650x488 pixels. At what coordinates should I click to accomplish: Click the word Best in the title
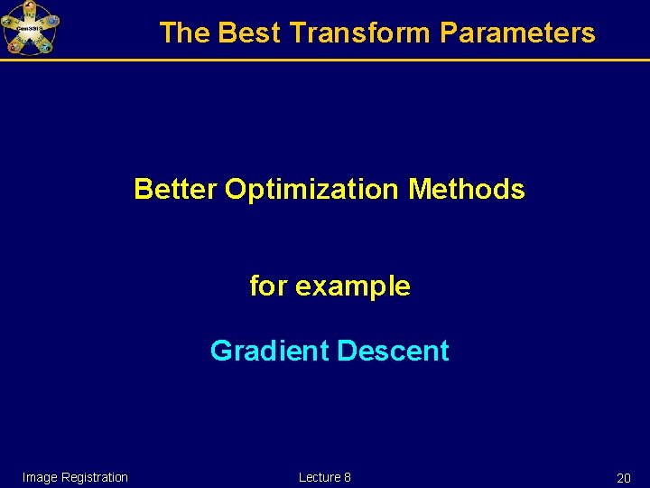pyautogui.click(x=250, y=33)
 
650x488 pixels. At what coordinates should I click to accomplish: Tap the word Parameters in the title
pyautogui.click(x=517, y=33)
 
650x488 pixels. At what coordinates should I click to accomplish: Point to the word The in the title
pyautogui.click(x=184, y=33)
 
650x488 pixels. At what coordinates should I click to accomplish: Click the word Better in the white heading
pyautogui.click(x=175, y=190)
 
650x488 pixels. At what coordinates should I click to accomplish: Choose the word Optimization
pyautogui.click(x=311, y=190)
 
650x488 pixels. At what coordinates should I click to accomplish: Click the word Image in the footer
pyautogui.click(x=40, y=477)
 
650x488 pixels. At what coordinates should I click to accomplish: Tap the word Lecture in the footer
pyautogui.click(x=320, y=477)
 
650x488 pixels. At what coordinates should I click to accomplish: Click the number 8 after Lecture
pyautogui.click(x=348, y=477)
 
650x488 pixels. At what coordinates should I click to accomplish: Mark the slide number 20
pyautogui.click(x=623, y=478)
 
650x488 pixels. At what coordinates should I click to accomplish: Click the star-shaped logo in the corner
pyautogui.click(x=30, y=28)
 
